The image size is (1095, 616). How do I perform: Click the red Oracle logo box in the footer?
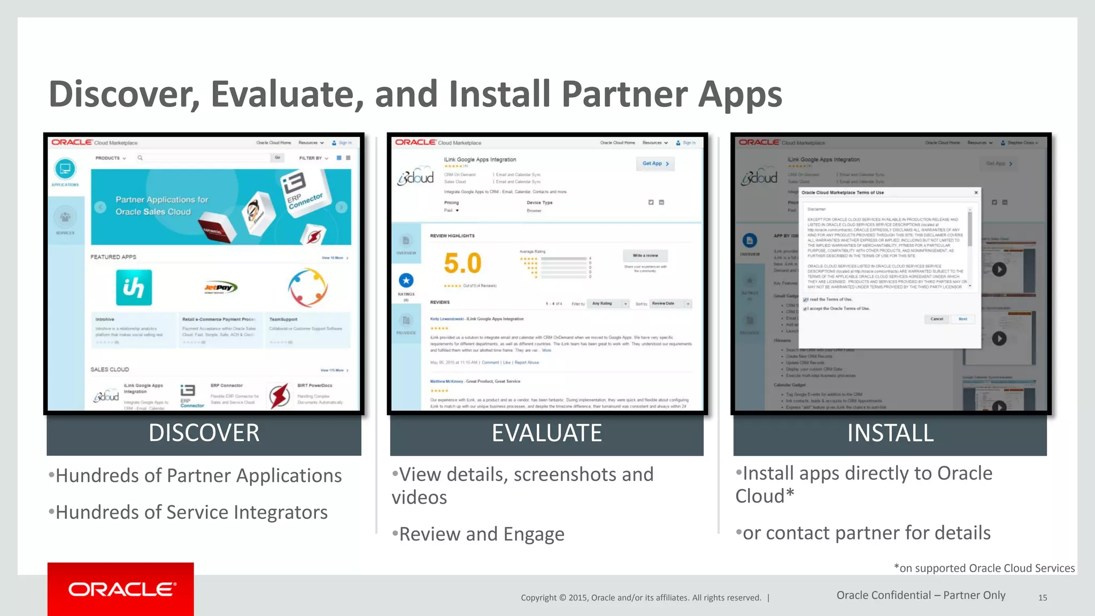tap(121, 589)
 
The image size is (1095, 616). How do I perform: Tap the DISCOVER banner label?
tap(204, 433)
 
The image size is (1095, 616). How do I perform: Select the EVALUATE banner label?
tap(546, 433)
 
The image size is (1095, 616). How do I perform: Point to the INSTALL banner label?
tap(890, 433)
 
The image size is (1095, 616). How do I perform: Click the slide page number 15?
tap(1042, 598)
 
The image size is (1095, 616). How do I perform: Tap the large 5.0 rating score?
tap(462, 264)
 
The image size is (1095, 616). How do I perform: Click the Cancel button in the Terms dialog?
tap(937, 319)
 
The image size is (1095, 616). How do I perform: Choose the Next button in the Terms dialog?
tap(963, 319)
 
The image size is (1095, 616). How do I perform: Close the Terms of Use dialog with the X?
tap(976, 192)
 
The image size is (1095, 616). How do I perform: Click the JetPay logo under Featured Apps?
tap(220, 288)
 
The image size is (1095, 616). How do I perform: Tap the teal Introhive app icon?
tap(134, 288)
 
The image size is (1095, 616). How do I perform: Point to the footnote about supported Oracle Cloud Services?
tap(984, 568)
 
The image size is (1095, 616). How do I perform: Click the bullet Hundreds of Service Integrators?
tap(191, 512)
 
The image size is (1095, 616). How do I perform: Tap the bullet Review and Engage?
tap(481, 534)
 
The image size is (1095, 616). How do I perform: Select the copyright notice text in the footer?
tap(641, 598)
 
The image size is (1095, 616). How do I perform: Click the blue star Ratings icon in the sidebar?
tap(406, 280)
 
